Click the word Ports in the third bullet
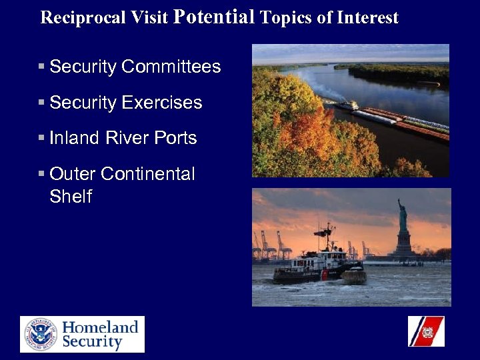click(175, 138)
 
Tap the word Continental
click(147, 174)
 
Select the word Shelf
click(71, 197)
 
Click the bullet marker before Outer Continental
click(41, 174)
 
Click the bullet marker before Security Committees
click(41, 67)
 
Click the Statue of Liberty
click(402, 217)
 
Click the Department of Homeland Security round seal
click(41, 334)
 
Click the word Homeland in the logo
click(100, 327)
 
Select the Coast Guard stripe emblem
click(426, 331)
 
